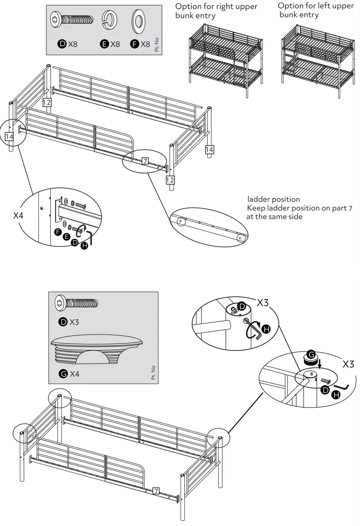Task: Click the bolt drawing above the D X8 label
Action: (73, 20)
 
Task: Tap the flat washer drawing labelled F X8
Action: (140, 20)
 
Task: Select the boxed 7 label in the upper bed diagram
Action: (145, 161)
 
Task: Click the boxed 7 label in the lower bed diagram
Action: (155, 491)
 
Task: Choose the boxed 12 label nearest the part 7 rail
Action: (170, 179)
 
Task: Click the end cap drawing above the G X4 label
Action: (97, 351)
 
